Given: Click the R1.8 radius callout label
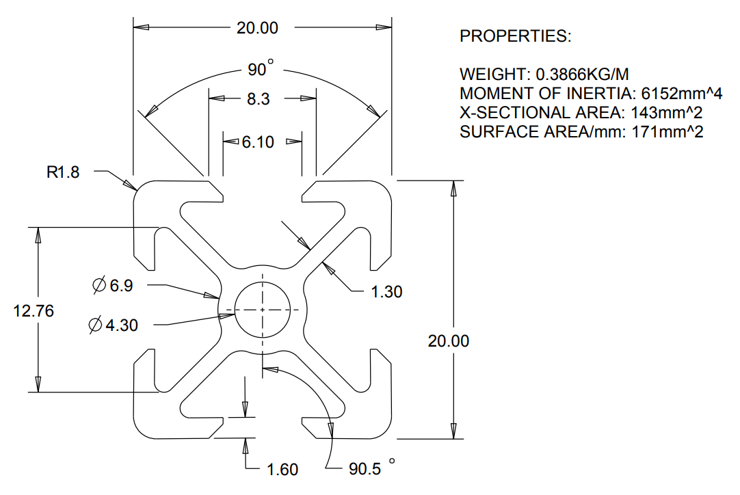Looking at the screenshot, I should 63,172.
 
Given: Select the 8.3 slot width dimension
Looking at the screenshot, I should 258,99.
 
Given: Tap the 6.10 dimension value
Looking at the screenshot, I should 258,142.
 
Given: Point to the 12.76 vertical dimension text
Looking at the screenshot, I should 34,310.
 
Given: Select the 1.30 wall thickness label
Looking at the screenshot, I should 386,292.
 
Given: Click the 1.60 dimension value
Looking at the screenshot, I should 282,470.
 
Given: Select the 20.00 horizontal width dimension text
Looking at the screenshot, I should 258,28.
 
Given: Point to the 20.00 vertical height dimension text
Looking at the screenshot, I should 449,340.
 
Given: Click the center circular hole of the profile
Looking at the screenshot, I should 263,310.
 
